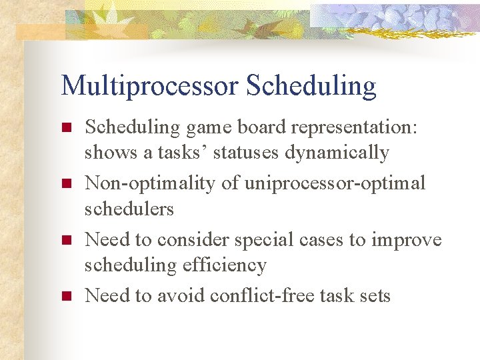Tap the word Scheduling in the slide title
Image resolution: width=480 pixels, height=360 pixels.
coord(311,86)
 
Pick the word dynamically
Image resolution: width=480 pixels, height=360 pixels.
coord(337,153)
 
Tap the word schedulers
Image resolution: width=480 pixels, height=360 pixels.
coord(129,209)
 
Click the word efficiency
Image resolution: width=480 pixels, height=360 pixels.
coord(225,265)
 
